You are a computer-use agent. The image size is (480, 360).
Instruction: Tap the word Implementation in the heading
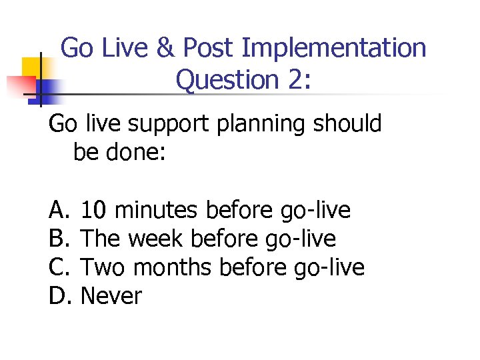coord(334,48)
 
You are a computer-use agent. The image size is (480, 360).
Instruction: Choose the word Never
coord(111,295)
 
